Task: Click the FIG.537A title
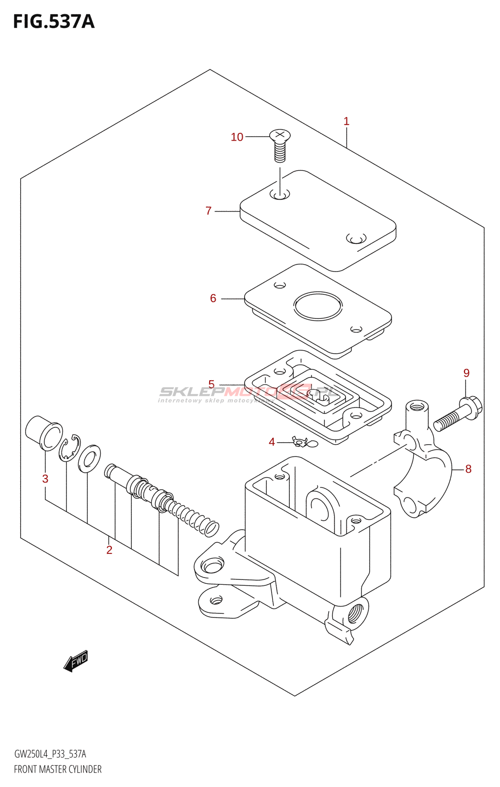coord(53,22)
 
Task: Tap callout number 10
coord(237,137)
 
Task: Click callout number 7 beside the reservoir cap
coord(209,211)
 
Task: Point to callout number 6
coord(213,298)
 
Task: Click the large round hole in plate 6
coord(318,306)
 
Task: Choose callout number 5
coord(212,384)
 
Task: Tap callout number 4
coord(272,442)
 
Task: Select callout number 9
coord(467,373)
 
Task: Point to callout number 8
coord(468,469)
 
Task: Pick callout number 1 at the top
coord(346,121)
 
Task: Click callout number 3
coord(45,479)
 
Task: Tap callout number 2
coord(109,550)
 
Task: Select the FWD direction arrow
coord(76,661)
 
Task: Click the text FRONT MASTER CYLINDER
coord(58,769)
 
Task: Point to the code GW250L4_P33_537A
coord(50,754)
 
